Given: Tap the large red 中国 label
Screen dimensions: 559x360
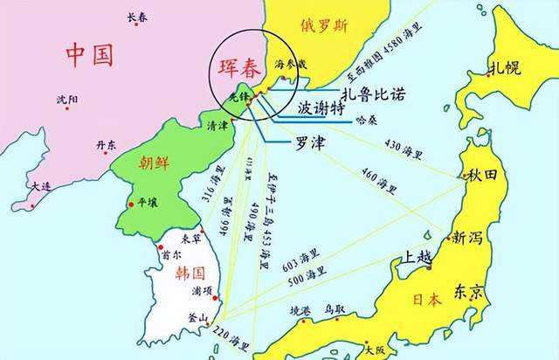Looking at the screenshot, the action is click(x=90, y=55).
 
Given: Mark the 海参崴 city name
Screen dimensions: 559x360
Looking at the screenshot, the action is click(x=291, y=65).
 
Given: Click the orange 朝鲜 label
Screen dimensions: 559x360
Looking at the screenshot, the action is click(x=150, y=163).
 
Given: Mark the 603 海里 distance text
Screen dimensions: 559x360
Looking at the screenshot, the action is click(x=300, y=263).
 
